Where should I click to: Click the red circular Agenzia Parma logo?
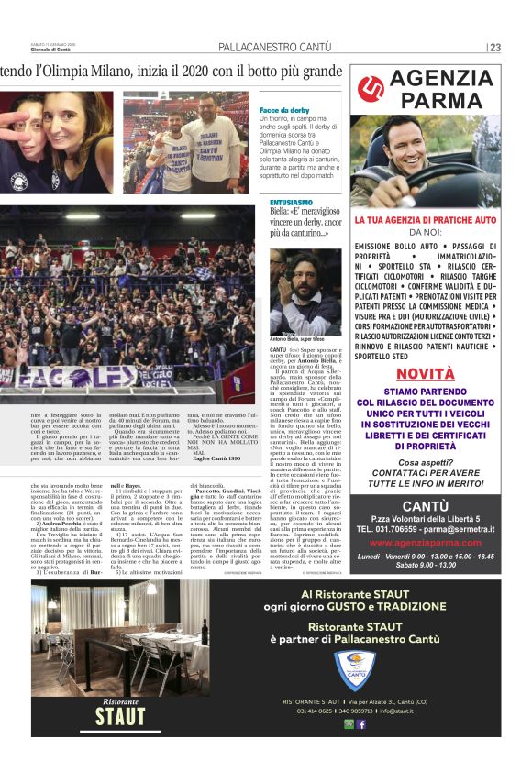coord(371,88)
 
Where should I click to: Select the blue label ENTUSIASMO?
coord(292,201)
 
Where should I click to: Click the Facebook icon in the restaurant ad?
coord(361,724)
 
